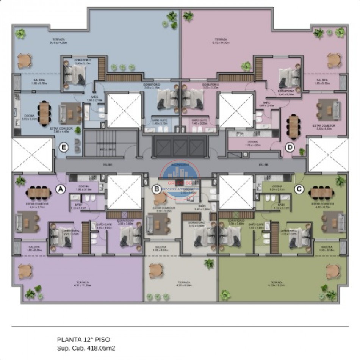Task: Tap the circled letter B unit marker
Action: pos(156,189)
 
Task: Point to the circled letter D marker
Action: pos(290,148)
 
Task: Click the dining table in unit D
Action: pos(293,127)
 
